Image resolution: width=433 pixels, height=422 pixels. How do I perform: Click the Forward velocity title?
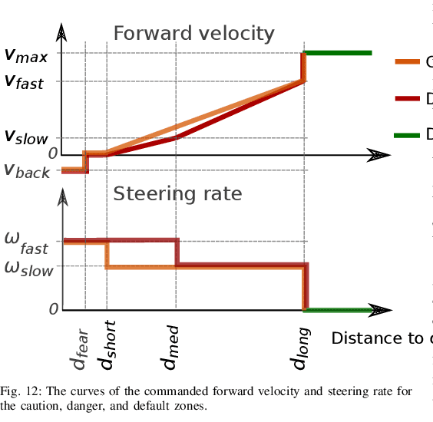193,34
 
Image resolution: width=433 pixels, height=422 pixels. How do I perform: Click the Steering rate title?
177,194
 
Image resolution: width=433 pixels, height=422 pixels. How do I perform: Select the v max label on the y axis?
26,55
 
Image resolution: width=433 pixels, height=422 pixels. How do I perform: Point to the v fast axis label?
25,82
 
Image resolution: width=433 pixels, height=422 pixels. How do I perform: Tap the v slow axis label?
26,138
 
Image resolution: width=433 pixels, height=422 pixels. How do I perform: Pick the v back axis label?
27,171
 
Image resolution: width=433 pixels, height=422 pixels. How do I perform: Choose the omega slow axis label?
28,269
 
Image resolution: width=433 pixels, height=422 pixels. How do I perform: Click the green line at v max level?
339,53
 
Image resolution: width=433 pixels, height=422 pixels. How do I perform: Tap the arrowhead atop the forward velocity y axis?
62,31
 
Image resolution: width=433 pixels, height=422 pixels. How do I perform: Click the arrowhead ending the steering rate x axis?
378,310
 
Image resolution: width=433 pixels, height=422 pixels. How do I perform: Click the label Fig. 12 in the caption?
17,392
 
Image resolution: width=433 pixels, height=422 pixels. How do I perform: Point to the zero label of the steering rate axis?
54,309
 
